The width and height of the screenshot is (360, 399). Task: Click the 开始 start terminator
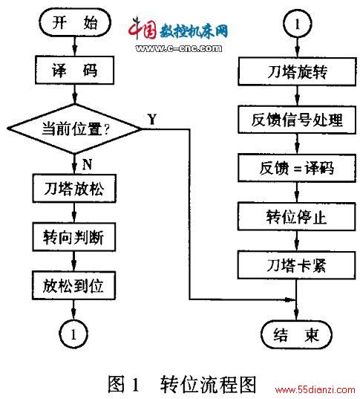[75, 22]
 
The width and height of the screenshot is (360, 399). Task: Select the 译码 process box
[74, 70]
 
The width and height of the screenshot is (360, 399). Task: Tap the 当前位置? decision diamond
[74, 129]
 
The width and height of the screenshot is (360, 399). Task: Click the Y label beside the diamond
[152, 119]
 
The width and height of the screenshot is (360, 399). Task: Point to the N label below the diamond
[87, 164]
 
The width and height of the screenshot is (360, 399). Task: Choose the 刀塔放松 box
[74, 189]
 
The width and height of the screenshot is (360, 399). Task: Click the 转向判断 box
[74, 237]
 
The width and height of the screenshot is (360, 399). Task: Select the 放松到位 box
[73, 285]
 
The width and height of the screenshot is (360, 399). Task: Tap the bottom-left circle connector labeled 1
[73, 334]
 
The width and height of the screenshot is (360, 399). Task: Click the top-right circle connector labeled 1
[297, 24]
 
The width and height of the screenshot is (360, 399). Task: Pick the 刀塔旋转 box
[297, 71]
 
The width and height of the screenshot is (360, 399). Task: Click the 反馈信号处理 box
[297, 120]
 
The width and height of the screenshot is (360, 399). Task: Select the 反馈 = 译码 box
[297, 168]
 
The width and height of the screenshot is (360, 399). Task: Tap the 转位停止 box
[296, 216]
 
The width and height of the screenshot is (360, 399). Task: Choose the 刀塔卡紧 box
[296, 265]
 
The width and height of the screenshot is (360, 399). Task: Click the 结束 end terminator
[296, 334]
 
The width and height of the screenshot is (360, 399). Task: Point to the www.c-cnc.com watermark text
[178, 48]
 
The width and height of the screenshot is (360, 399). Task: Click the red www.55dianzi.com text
[315, 389]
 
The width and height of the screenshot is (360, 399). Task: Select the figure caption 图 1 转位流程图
[182, 384]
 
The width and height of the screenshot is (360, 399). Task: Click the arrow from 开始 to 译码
[74, 47]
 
